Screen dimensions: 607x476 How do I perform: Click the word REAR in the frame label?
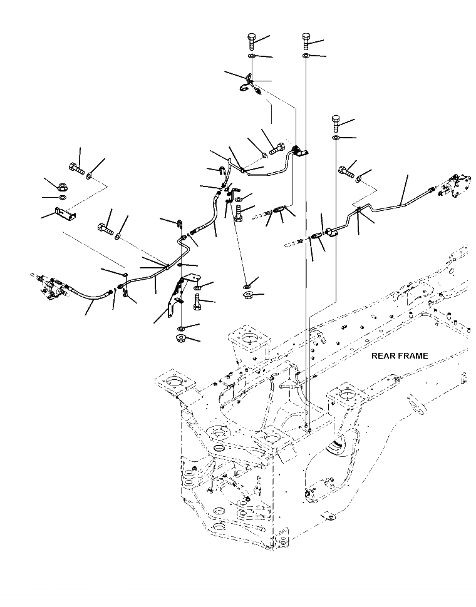pyautogui.click(x=385, y=356)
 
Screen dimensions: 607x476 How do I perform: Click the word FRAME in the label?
pyautogui.click(x=414, y=356)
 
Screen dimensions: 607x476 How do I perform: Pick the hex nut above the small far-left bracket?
pyautogui.click(x=64, y=186)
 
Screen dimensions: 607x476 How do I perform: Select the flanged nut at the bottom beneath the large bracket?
pyautogui.click(x=182, y=340)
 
